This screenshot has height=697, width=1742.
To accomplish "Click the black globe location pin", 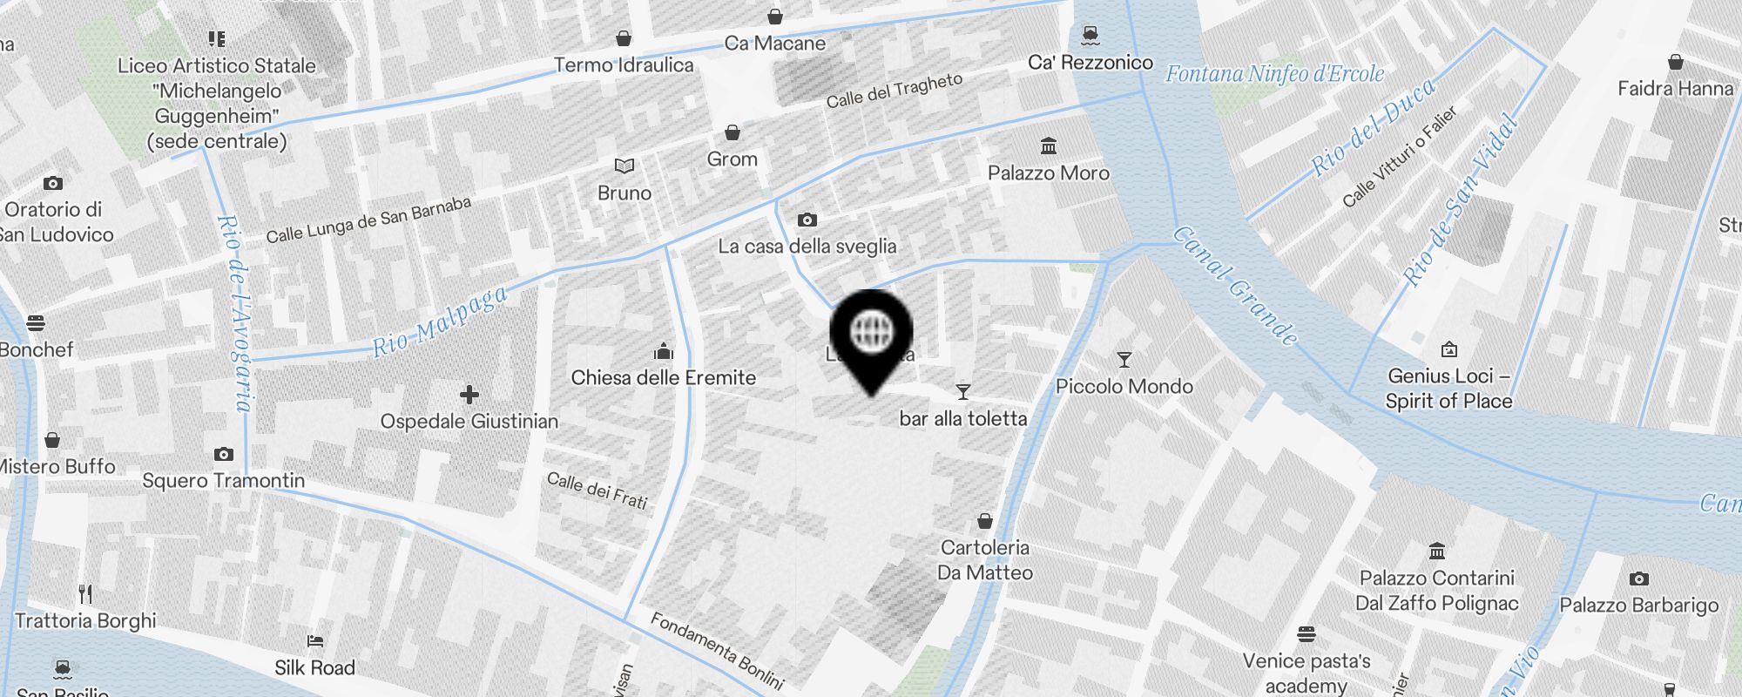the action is [x=871, y=335].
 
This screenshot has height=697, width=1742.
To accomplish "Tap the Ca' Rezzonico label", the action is [x=1090, y=63].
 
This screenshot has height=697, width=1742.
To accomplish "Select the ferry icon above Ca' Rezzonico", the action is [x=1090, y=36].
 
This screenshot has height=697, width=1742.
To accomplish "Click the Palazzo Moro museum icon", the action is [x=1049, y=145].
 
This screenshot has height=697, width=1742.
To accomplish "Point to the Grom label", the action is [x=732, y=159].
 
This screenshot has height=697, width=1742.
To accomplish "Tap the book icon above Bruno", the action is [x=625, y=166].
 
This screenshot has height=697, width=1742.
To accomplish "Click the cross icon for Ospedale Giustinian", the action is [x=469, y=395].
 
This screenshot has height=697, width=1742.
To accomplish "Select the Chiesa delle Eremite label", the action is [x=663, y=378].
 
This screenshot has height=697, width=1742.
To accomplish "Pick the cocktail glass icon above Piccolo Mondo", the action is [x=1124, y=360].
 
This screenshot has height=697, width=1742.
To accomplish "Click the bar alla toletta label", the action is [x=962, y=419].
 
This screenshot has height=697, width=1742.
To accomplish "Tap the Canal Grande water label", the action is [x=1235, y=286].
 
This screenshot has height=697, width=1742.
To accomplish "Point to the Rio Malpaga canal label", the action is [x=440, y=321].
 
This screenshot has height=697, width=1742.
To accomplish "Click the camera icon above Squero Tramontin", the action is [x=224, y=454].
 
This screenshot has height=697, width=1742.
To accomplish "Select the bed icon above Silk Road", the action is [x=315, y=641].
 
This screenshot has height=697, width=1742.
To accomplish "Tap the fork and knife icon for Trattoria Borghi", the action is [x=85, y=594].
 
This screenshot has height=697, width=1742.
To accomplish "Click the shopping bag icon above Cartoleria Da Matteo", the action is [x=984, y=521].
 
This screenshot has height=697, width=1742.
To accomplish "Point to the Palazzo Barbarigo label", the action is [x=1638, y=606].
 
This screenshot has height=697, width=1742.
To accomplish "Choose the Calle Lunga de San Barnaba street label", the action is [x=368, y=220].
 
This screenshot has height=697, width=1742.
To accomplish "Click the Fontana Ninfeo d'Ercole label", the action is [x=1274, y=74].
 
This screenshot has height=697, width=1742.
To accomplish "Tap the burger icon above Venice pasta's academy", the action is [x=1306, y=633].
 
